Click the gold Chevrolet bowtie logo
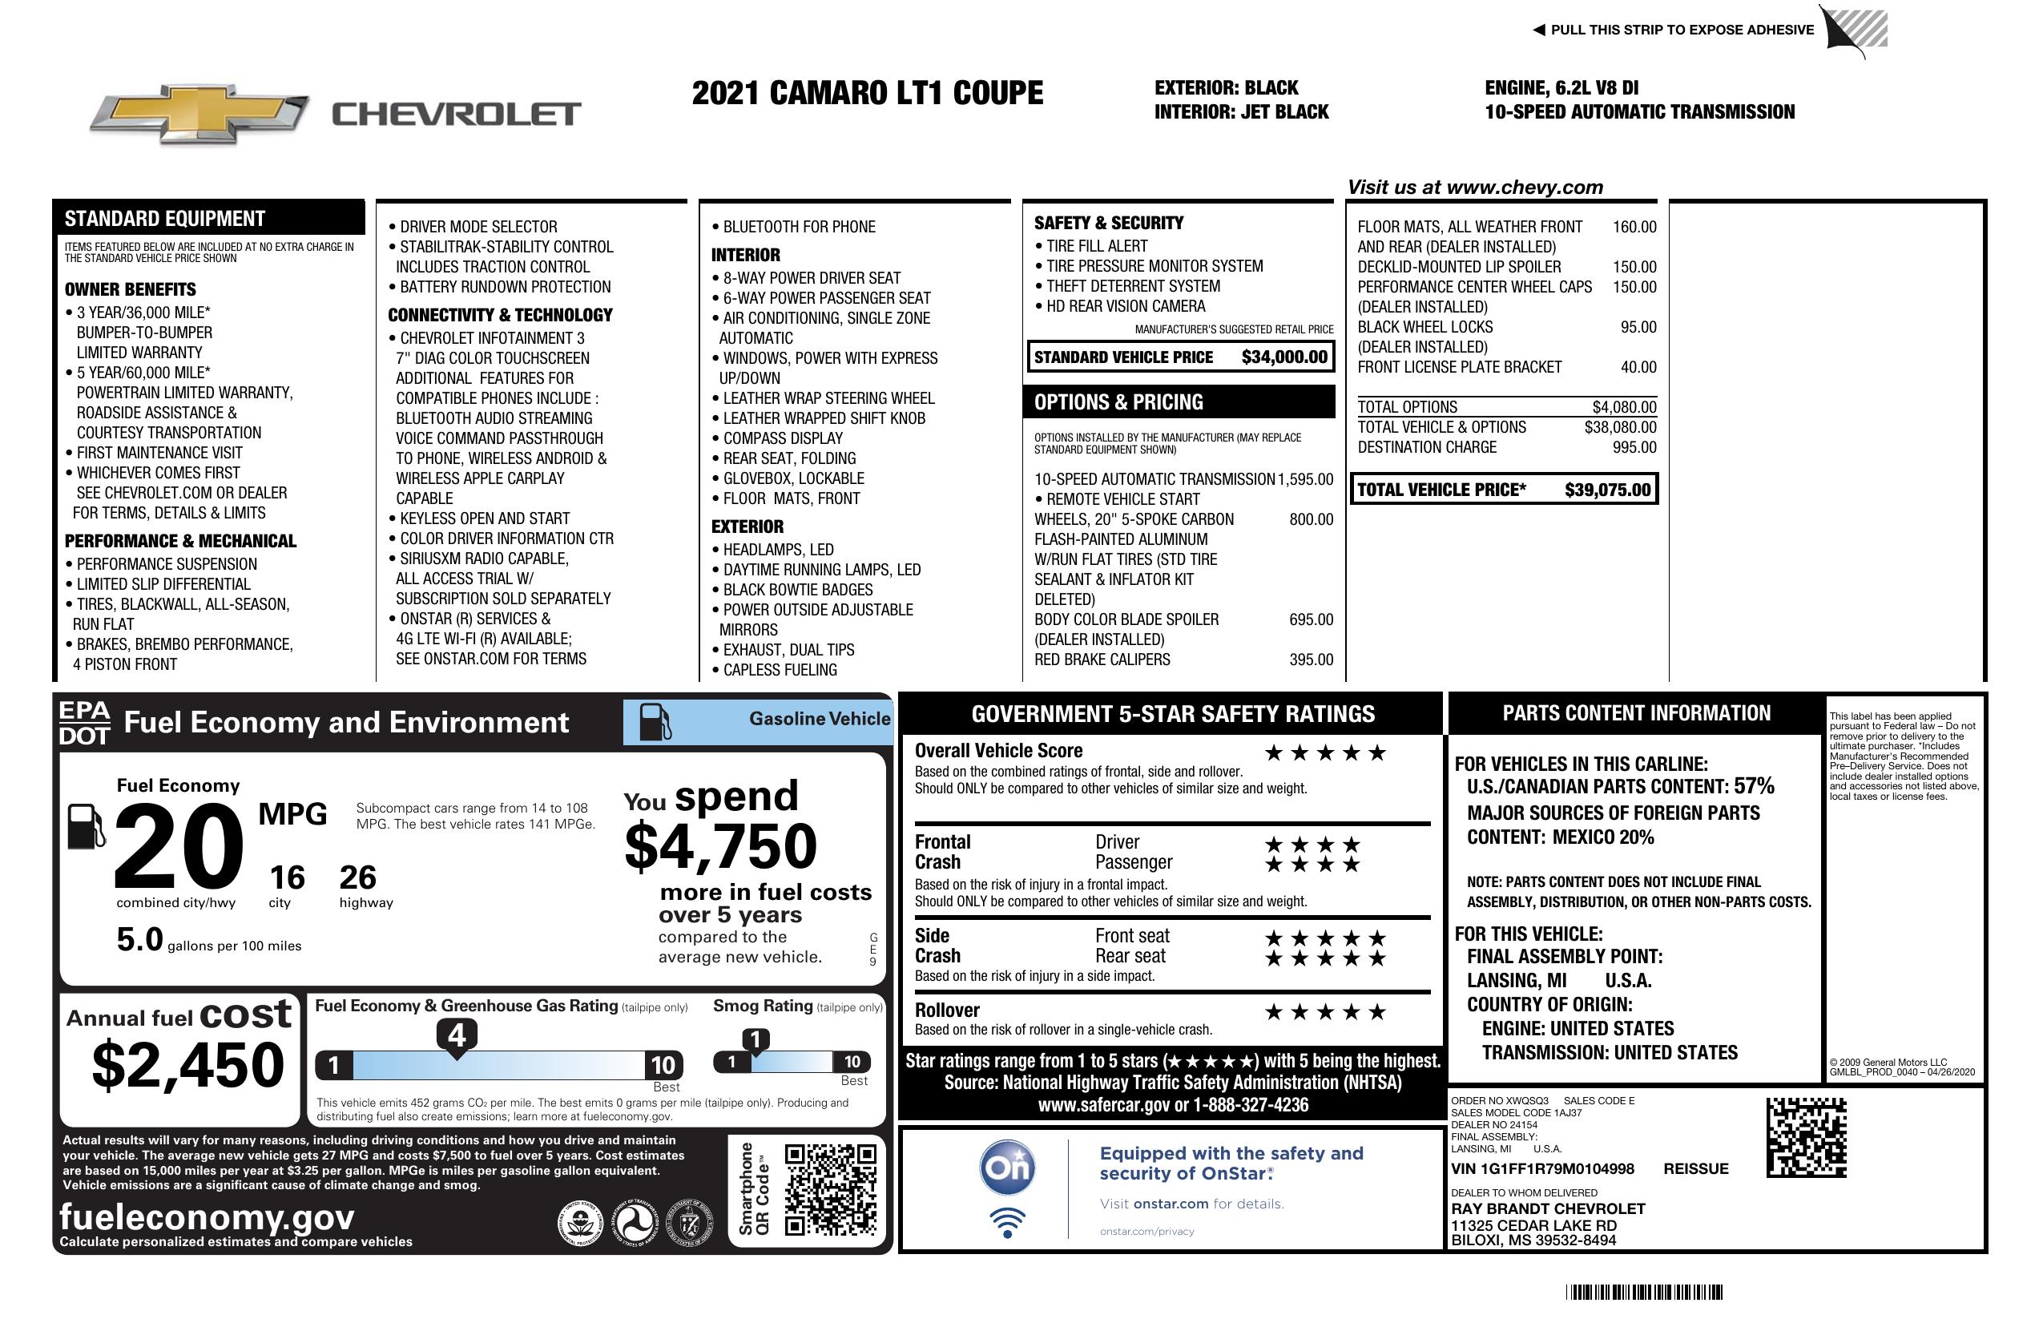pyautogui.click(x=199, y=113)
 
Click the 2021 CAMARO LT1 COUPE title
pyautogui.click(x=867, y=93)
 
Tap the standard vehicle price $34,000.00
pyautogui.click(x=1283, y=357)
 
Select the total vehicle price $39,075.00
pyautogui.click(x=1607, y=490)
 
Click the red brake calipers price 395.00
pyautogui.click(x=1311, y=659)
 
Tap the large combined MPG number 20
pyautogui.click(x=179, y=846)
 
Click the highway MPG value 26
pyautogui.click(x=357, y=877)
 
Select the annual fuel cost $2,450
pyautogui.click(x=187, y=1065)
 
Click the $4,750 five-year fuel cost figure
pyautogui.click(x=721, y=846)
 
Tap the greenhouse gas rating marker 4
pyautogui.click(x=457, y=1035)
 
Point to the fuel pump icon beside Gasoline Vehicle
pyautogui.click(x=655, y=722)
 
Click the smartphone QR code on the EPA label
pyautogui.click(x=830, y=1190)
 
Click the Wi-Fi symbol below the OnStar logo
pyautogui.click(x=1007, y=1222)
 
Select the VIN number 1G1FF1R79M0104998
pyautogui.click(x=1542, y=1168)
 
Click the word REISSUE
pyautogui.click(x=1695, y=1168)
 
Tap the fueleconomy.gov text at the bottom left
pyautogui.click(x=207, y=1217)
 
